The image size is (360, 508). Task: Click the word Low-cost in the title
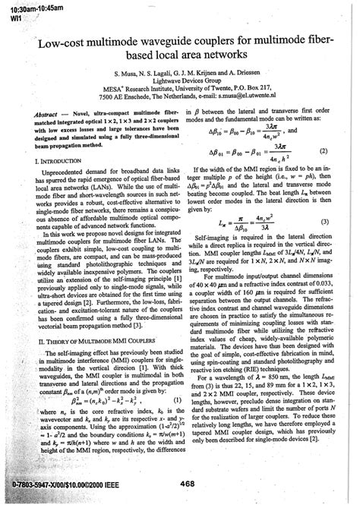pos(53,46)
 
